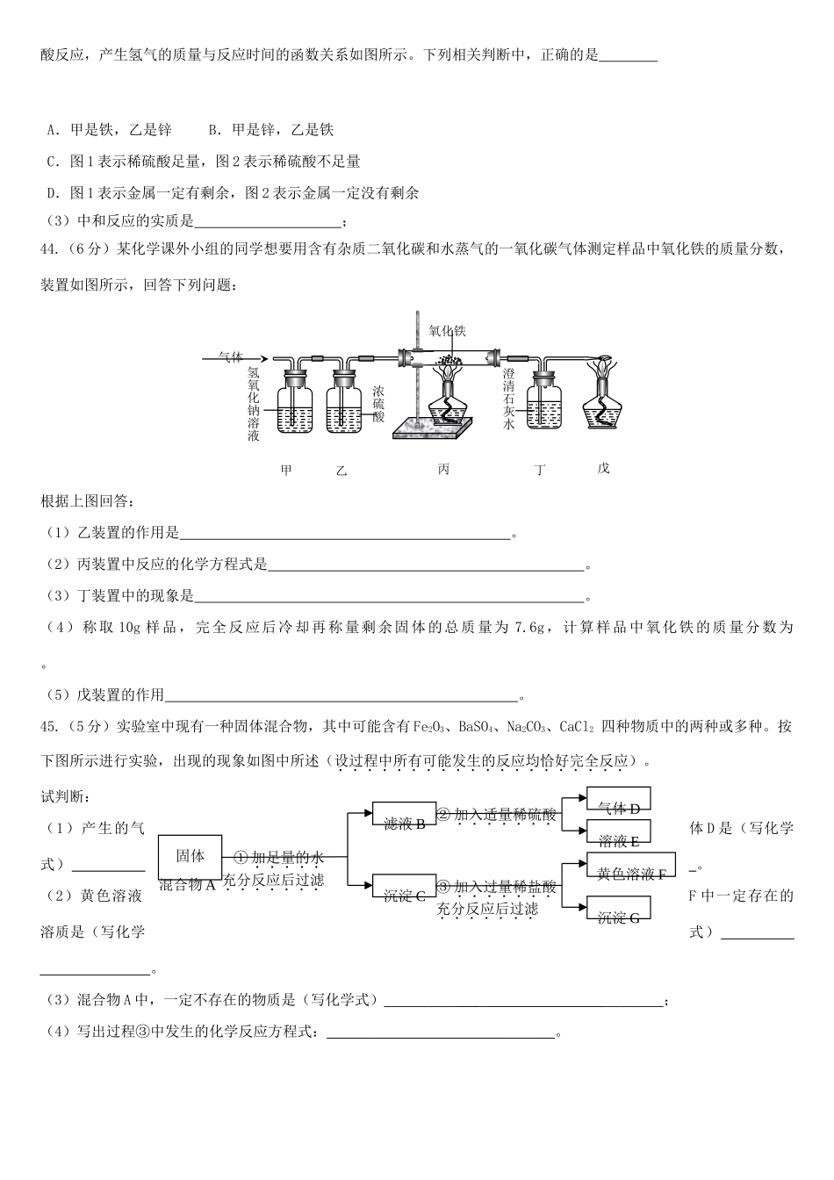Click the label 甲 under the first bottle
[285, 470]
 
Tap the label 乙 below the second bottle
[342, 471]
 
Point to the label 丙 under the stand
[444, 470]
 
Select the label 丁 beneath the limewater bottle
[540, 471]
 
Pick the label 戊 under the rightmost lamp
[603, 469]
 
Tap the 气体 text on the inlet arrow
[230, 356]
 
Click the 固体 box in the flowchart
[191, 856]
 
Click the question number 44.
[49, 251]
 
